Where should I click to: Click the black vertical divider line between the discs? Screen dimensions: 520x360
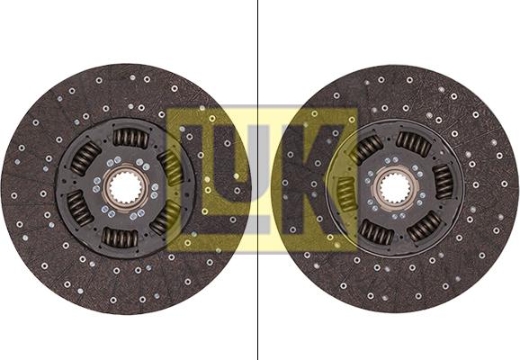tap(257, 180)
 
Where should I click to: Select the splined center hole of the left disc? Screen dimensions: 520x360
tap(126, 188)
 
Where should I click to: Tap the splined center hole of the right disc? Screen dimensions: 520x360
tap(395, 189)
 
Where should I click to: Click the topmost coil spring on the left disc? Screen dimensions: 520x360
tap(130, 138)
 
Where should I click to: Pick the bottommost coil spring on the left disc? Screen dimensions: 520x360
tap(120, 238)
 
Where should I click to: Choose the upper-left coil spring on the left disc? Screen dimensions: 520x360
tap(85, 158)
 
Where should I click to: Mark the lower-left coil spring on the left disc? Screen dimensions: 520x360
tap(80, 208)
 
